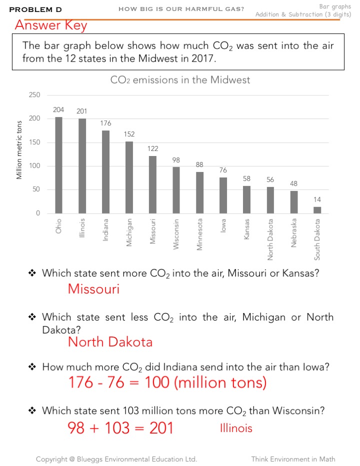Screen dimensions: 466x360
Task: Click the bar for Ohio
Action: [x=58, y=165]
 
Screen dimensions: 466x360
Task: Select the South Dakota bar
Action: [x=317, y=210]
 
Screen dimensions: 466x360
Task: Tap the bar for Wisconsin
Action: [x=176, y=190]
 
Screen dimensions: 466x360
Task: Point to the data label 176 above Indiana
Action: [x=105, y=123]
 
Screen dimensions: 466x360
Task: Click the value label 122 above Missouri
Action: [x=152, y=149]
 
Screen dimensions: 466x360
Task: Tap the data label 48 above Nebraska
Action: [x=293, y=184]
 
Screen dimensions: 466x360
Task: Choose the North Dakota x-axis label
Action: [x=270, y=239]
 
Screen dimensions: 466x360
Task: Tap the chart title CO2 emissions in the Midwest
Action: [x=180, y=80]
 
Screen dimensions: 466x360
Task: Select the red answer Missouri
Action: [x=93, y=289]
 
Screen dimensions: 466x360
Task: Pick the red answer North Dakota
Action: [x=110, y=342]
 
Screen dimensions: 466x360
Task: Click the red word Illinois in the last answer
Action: [x=236, y=428]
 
